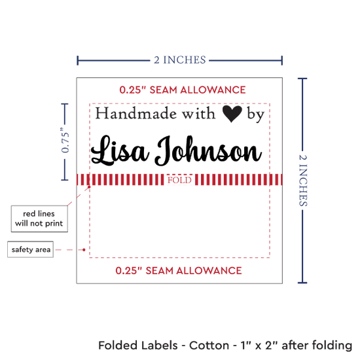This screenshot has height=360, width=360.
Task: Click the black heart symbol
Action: pyautogui.click(x=232, y=114)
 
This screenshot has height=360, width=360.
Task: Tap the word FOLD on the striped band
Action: pyautogui.click(x=179, y=180)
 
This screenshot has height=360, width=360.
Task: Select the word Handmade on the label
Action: pyautogui.click(x=136, y=113)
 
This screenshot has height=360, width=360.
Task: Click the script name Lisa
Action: pyautogui.click(x=120, y=151)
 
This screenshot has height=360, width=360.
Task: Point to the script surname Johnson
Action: pyautogui.click(x=208, y=151)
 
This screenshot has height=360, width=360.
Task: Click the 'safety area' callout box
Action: pyautogui.click(x=31, y=249)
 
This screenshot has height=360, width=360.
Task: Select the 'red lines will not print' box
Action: pyautogui.click(x=39, y=219)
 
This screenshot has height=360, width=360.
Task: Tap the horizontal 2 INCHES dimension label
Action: pyautogui.click(x=180, y=60)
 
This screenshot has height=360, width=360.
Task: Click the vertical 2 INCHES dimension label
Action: pyautogui.click(x=303, y=180)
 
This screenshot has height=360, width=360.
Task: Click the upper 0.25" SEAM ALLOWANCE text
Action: pyautogui.click(x=183, y=90)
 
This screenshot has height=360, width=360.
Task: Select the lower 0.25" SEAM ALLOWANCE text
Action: pyautogui.click(x=179, y=271)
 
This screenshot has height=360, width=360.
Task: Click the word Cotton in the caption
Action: pyautogui.click(x=209, y=346)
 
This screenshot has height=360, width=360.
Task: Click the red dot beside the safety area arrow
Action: pyautogui.click(x=84, y=249)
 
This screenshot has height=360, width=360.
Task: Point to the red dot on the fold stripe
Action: pyautogui.click(x=89, y=187)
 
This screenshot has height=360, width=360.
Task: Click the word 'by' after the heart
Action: pyautogui.click(x=255, y=115)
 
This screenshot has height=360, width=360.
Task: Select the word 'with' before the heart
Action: pyautogui.click(x=199, y=113)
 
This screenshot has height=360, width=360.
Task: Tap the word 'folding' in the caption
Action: pyautogui.click(x=332, y=346)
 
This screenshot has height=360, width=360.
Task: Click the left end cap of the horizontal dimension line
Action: pyautogui.click(x=78, y=60)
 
